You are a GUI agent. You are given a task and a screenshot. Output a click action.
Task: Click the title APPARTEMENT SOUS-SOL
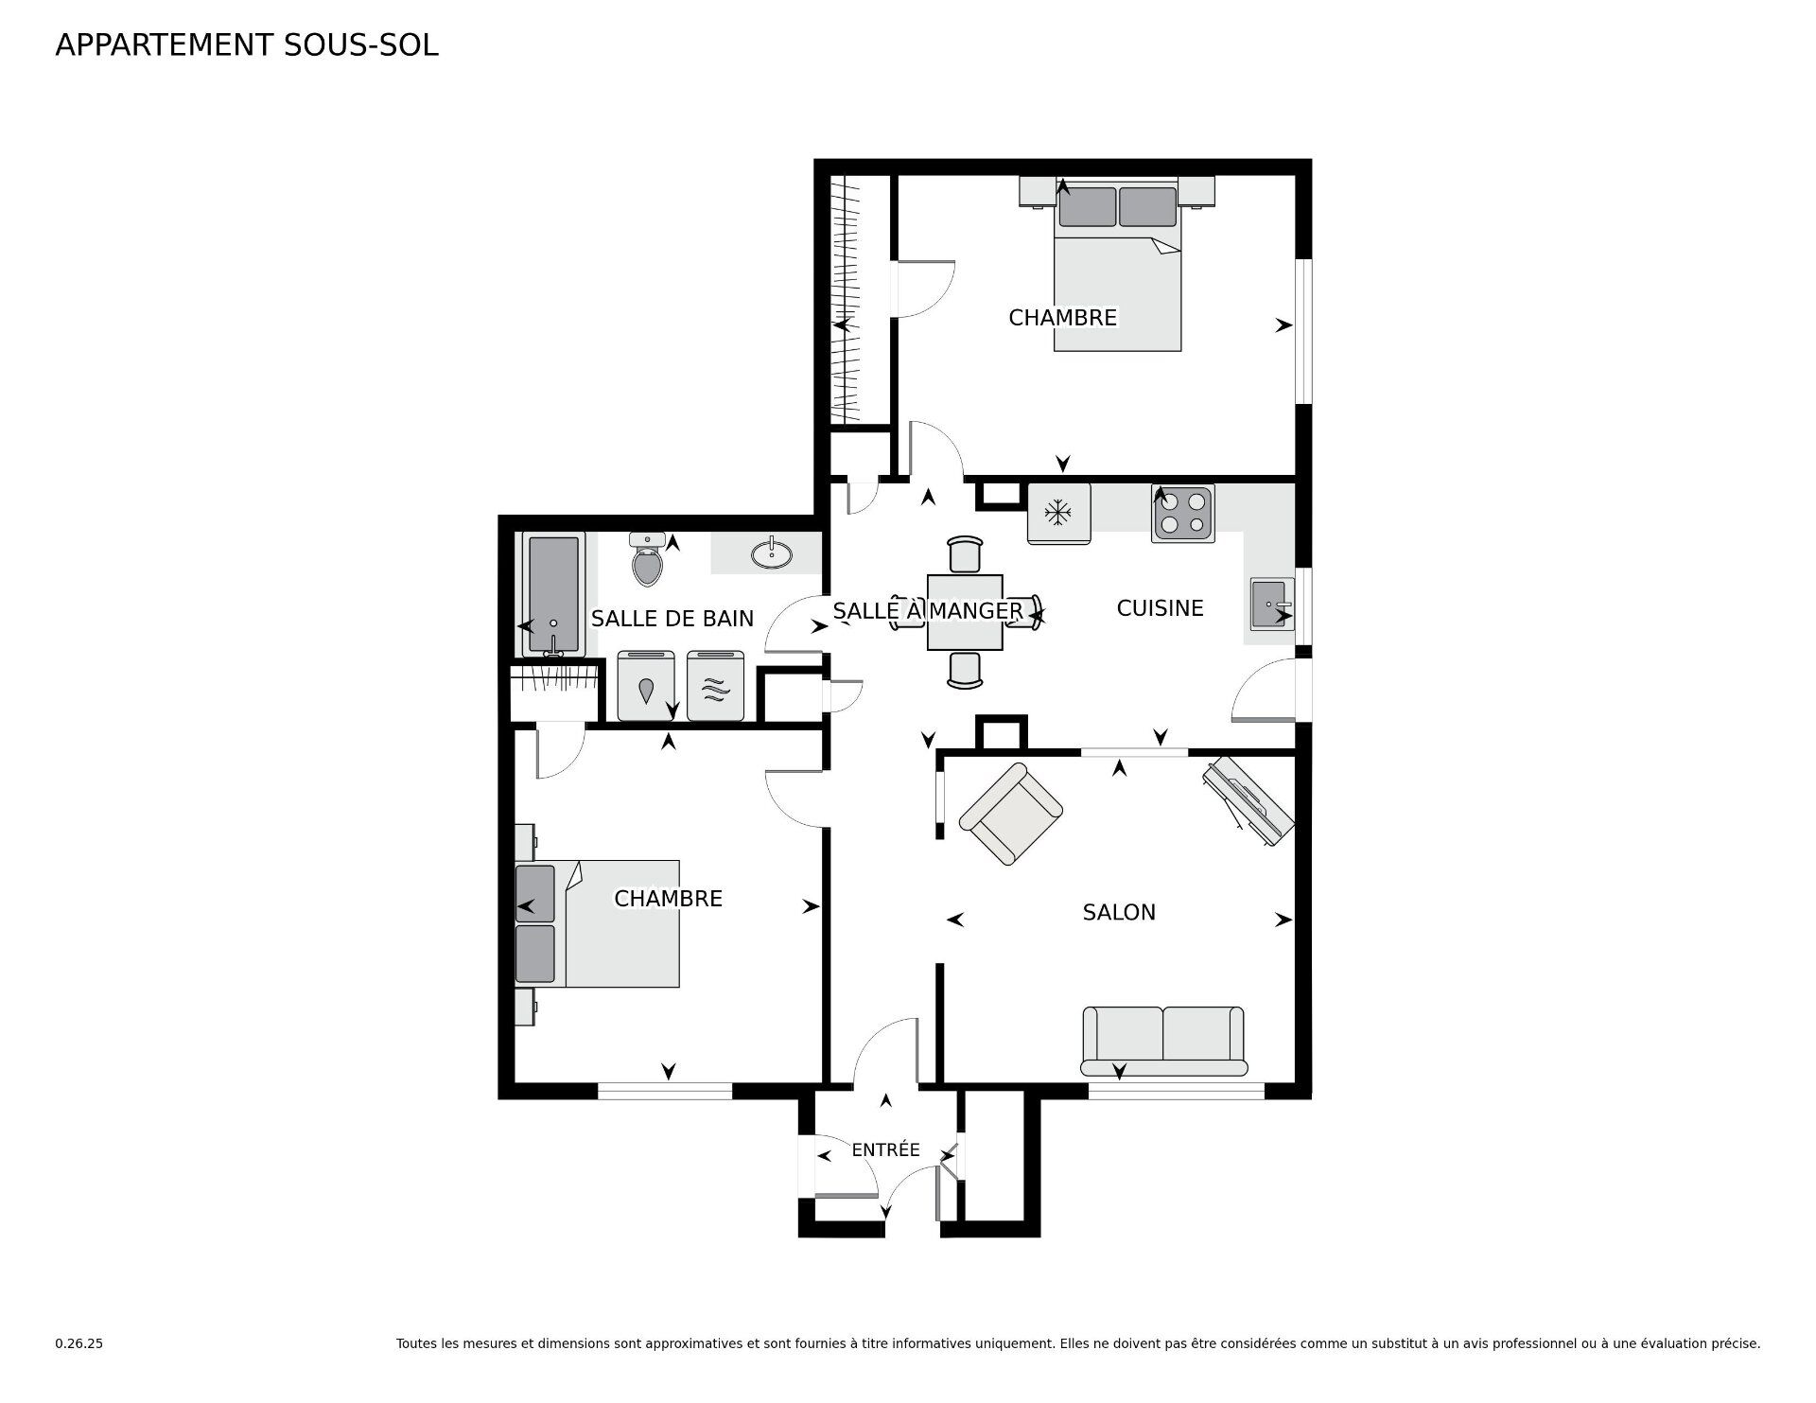coord(247,45)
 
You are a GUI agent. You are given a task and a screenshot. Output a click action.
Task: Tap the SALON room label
coord(1119,912)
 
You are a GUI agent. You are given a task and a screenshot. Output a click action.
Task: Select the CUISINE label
coord(1160,608)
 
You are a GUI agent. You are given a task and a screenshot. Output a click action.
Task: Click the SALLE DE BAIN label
coord(672,619)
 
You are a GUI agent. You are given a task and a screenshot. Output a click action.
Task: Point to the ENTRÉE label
coord(885,1149)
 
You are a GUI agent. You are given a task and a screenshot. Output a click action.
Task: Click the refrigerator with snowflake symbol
coord(1058,514)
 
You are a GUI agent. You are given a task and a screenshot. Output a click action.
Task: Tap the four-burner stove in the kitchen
coord(1183,514)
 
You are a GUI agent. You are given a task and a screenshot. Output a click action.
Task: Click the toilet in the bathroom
coord(648,560)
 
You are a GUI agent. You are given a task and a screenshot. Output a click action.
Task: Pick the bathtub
coord(553,594)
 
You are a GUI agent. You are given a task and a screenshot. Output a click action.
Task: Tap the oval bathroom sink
coord(773,552)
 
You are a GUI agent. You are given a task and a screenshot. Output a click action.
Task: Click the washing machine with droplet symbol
coord(646,685)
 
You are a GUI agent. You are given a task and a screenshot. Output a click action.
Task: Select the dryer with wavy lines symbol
coord(716,685)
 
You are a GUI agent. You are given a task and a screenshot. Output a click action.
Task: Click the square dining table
coord(965,612)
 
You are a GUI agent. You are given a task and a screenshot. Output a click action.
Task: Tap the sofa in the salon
coord(1163,1041)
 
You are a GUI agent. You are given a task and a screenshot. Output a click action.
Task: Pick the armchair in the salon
coord(1011,814)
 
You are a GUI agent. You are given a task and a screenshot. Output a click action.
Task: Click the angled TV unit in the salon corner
coord(1248,800)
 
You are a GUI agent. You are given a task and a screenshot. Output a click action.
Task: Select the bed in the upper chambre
coord(1118,268)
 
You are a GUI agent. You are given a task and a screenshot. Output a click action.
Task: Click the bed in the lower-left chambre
coord(598,923)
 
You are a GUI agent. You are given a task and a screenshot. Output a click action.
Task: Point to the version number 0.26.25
coord(79,1343)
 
